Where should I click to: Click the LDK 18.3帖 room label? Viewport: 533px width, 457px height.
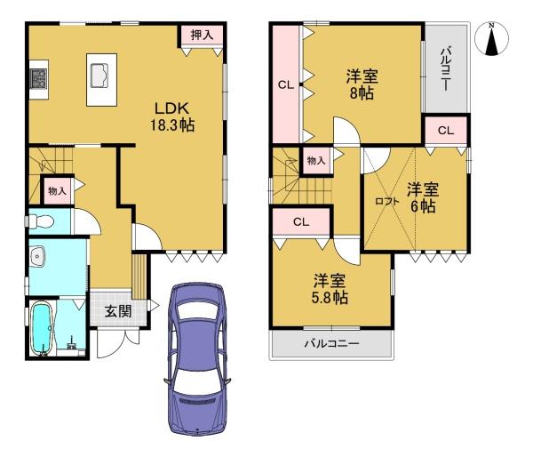coord(172,116)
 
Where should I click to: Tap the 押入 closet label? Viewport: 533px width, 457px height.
coord(202,35)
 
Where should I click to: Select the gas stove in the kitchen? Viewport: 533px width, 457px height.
coord(38,79)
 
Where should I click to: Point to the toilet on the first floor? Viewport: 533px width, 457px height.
coord(41,222)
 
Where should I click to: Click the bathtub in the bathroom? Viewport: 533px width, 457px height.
coord(43,329)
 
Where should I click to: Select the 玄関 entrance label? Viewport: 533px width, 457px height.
coord(117,311)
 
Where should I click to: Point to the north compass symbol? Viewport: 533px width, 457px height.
coord(491,38)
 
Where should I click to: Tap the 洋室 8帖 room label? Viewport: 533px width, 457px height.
coord(362,84)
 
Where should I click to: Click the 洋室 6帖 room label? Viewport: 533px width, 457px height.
coord(423,197)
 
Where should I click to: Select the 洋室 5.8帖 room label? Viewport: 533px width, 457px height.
coord(330,289)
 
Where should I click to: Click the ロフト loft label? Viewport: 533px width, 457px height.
coord(386,202)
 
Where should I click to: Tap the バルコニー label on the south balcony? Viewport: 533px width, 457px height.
coord(331,343)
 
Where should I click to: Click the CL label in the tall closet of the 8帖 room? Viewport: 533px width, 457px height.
coord(286,84)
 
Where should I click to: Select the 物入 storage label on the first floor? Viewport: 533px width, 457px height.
coord(57,191)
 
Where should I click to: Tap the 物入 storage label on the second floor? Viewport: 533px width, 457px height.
coord(316,161)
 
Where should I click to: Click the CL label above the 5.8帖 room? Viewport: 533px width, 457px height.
coord(301,222)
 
